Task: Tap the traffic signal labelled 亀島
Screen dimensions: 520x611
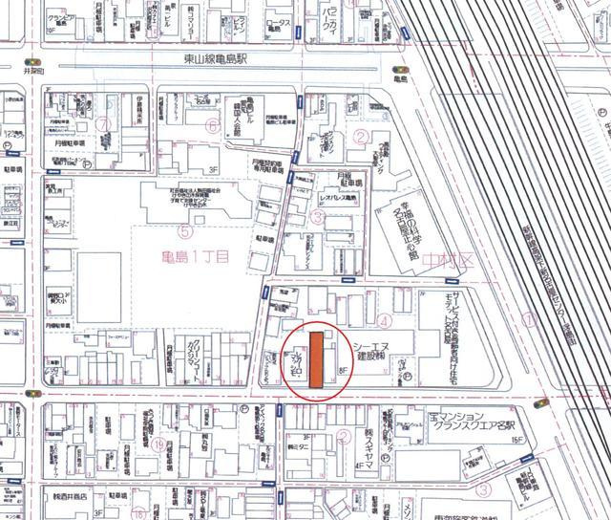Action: [398, 70]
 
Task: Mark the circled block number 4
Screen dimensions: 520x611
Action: [383, 320]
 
